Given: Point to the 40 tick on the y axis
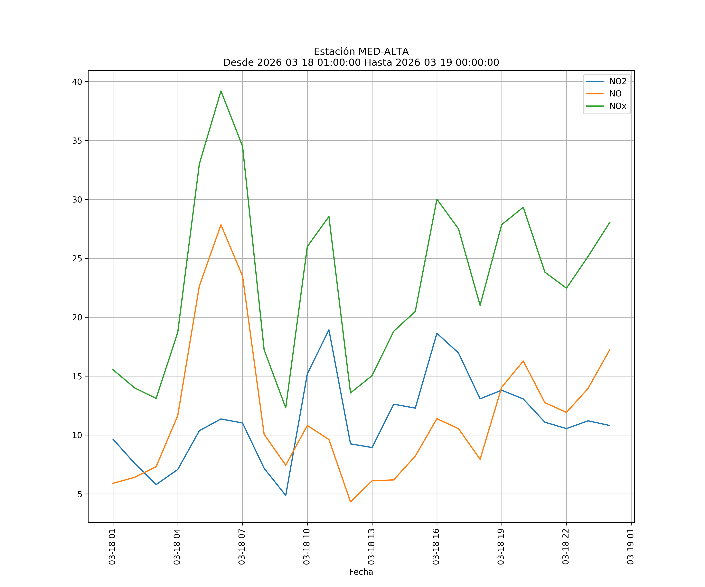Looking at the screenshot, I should click(x=77, y=82).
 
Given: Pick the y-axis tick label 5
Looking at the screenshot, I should click(x=80, y=494).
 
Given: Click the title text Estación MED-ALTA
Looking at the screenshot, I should click(x=361, y=52).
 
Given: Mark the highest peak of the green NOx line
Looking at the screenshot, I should click(x=221, y=91).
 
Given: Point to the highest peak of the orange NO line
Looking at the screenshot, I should click(x=221, y=225).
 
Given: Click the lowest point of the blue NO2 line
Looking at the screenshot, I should click(x=286, y=495).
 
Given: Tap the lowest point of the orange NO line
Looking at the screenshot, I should click(x=351, y=502).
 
